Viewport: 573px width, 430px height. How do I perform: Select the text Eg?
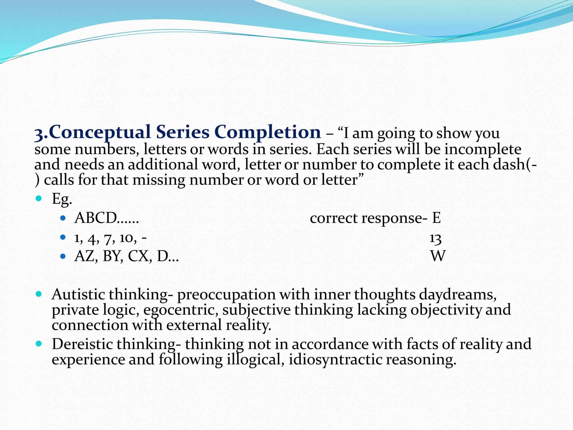(62, 199)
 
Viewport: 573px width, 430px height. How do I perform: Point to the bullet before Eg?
(39, 199)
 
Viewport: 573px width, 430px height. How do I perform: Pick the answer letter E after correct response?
(436, 218)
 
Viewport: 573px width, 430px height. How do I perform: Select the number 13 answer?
(435, 239)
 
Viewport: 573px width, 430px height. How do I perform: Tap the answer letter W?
(438, 256)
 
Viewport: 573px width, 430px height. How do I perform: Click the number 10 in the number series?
(126, 239)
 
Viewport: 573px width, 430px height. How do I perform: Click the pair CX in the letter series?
(139, 256)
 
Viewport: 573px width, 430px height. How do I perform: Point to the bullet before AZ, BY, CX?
(63, 256)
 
